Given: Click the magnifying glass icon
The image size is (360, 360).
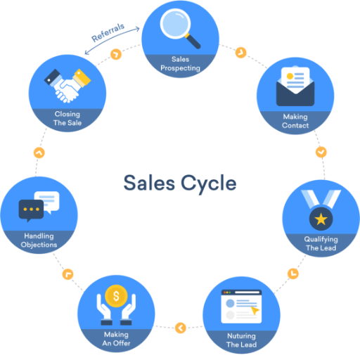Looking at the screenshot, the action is pyautogui.click(x=179, y=27).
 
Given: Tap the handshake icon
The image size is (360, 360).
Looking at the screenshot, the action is pyautogui.click(x=67, y=86).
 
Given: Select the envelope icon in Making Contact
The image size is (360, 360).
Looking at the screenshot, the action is pyautogui.click(x=295, y=86).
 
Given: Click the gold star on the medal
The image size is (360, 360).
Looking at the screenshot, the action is pyautogui.click(x=321, y=219).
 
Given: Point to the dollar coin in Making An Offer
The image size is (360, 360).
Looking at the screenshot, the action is pyautogui.click(x=116, y=296).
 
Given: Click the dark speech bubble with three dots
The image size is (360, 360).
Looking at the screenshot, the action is pyautogui.click(x=31, y=210).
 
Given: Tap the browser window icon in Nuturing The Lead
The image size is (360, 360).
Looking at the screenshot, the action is pyautogui.click(x=241, y=307).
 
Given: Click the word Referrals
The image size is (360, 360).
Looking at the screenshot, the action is pyautogui.click(x=108, y=32).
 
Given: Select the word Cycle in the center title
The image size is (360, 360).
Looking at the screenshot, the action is pyautogui.click(x=209, y=184).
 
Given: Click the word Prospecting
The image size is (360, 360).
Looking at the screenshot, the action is pyautogui.click(x=180, y=68).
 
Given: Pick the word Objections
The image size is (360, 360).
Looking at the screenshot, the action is pyautogui.click(x=39, y=245).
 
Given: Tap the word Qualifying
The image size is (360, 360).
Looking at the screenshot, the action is pyautogui.click(x=321, y=239).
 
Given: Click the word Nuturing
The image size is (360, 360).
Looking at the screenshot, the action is pyautogui.click(x=241, y=336).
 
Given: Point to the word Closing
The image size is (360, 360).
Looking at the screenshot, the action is pyautogui.click(x=67, y=114).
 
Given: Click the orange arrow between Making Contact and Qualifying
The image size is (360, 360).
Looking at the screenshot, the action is pyautogui.click(x=321, y=152).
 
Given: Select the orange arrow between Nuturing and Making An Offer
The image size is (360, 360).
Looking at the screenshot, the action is pyautogui.click(x=181, y=328).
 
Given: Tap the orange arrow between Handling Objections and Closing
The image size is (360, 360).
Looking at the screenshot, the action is pyautogui.click(x=39, y=153).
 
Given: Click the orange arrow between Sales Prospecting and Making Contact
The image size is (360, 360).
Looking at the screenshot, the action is pyautogui.click(x=241, y=53).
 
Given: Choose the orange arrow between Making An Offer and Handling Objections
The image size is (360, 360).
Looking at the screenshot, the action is pyautogui.click(x=67, y=274).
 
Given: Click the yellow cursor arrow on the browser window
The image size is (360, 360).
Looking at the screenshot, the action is pyautogui.click(x=255, y=311).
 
